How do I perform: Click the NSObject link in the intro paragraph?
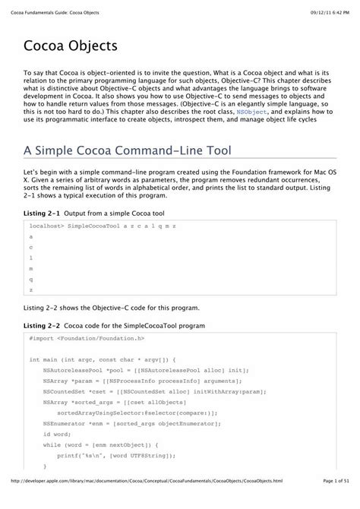click(251, 111)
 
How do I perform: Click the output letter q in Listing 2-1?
click(31, 279)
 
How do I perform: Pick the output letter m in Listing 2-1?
click(31, 268)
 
